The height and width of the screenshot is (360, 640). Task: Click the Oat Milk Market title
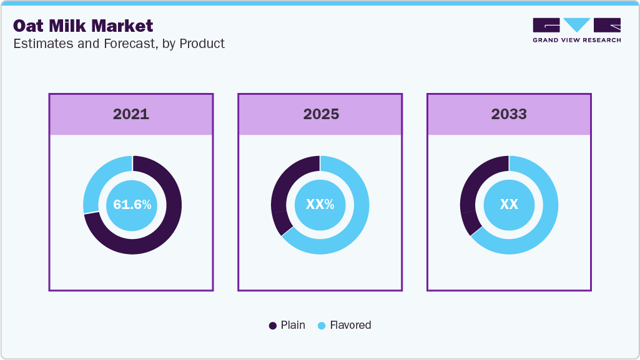click(x=83, y=26)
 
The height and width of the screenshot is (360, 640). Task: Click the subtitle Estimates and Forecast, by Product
click(x=119, y=44)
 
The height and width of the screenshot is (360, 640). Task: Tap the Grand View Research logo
click(x=576, y=30)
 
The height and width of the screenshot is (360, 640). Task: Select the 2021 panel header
click(x=131, y=114)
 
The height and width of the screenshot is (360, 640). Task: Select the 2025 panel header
click(x=320, y=114)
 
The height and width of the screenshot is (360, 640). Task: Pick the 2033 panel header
click(x=509, y=114)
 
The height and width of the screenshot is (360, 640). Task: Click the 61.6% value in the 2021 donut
click(x=132, y=205)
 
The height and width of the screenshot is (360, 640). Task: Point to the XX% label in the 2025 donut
click(x=320, y=205)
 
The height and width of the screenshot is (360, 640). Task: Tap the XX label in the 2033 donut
click(x=509, y=205)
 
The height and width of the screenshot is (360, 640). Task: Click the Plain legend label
click(x=293, y=325)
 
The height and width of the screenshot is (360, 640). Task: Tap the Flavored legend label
click(x=350, y=325)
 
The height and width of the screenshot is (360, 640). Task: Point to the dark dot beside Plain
click(x=273, y=326)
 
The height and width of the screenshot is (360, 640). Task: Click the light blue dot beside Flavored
click(x=322, y=326)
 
